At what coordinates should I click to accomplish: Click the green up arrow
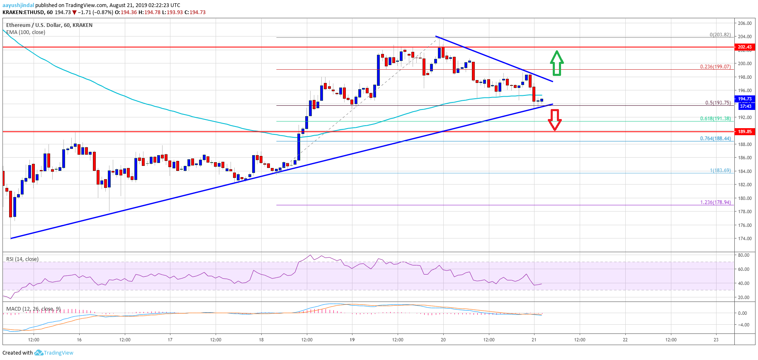[x=556, y=63]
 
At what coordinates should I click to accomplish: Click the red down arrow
[x=554, y=120]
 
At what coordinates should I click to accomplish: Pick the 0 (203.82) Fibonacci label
[x=720, y=35]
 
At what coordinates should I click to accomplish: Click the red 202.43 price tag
[x=745, y=47]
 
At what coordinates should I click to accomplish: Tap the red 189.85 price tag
[x=745, y=131]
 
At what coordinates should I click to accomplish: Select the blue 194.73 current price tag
[x=745, y=99]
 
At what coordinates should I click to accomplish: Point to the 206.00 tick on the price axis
[x=745, y=24]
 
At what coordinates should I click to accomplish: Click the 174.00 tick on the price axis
[x=745, y=238]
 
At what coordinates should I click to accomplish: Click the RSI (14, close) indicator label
[x=22, y=259]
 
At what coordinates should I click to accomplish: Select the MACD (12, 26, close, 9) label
[x=33, y=309]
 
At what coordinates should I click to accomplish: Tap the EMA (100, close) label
[x=26, y=32]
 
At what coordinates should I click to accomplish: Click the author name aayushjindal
[x=18, y=5]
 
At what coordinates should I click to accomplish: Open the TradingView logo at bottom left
[x=54, y=353]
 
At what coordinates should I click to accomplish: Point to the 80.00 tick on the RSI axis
[x=743, y=255]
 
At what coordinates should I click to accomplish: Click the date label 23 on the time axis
[x=716, y=340]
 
